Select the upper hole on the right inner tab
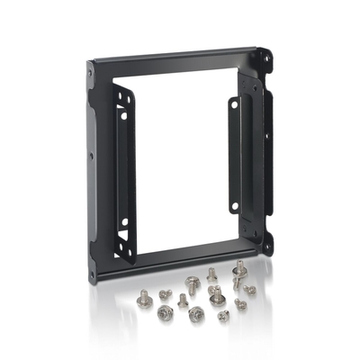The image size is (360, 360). pyautogui.click(x=235, y=104)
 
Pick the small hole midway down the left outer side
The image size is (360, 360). pyautogui.click(x=91, y=154)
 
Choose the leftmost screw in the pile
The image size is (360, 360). pyautogui.click(x=143, y=294)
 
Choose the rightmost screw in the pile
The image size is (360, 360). pyautogui.click(x=250, y=290)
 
